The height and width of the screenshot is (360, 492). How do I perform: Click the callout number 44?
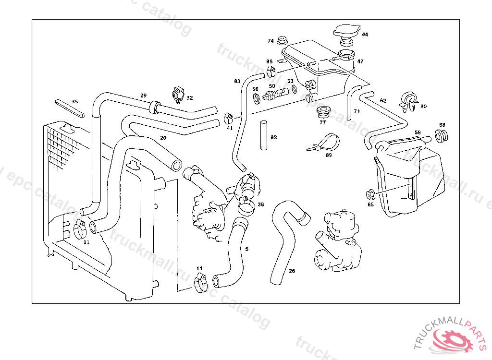[365, 35]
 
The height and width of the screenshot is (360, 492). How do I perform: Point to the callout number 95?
[270, 61]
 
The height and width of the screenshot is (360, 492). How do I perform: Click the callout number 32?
[190, 98]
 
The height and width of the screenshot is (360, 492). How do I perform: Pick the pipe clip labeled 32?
[178, 94]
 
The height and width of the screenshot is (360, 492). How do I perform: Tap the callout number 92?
[274, 137]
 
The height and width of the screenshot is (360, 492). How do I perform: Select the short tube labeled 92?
[263, 135]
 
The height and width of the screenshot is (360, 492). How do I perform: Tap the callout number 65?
[370, 204]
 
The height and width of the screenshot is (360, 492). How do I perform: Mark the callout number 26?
[292, 271]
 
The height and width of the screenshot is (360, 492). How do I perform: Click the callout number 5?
[247, 249]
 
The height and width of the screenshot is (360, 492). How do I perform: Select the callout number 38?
[261, 204]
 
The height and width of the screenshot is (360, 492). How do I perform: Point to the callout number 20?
[163, 138]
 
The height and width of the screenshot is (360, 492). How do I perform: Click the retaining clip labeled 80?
[407, 101]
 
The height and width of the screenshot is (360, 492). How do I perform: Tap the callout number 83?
[237, 81]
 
